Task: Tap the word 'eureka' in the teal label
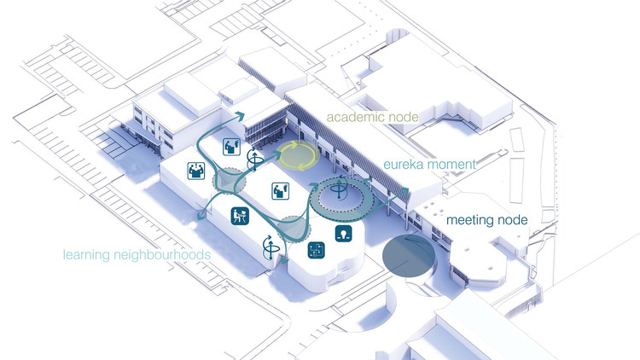(403, 165)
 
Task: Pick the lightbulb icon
(344, 234)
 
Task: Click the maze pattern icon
(317, 250)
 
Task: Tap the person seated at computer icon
(240, 216)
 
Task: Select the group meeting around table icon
(196, 171)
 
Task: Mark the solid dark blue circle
(408, 256)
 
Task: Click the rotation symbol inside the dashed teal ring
(339, 189)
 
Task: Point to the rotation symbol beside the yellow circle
(254, 160)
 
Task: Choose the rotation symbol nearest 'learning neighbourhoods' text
(271, 247)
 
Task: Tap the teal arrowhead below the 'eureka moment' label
(404, 191)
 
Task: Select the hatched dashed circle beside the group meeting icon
(230, 180)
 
